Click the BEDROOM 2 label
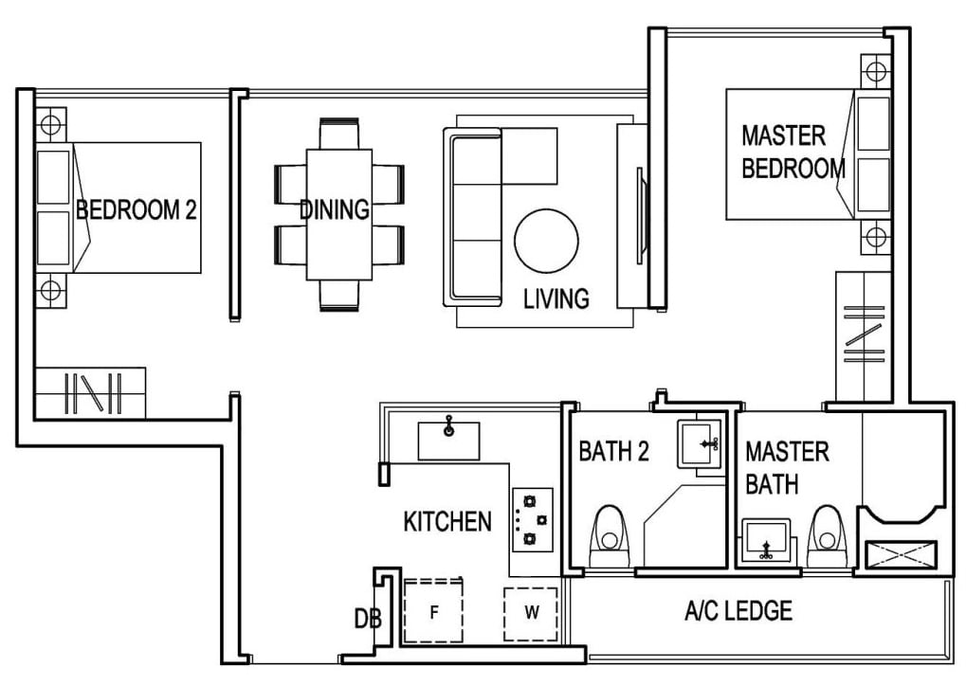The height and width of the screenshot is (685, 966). (137, 209)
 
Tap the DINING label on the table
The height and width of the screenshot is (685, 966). (335, 209)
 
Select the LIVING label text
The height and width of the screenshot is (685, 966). (556, 298)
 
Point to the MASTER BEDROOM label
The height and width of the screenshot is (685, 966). (793, 152)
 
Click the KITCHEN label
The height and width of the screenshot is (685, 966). (447, 521)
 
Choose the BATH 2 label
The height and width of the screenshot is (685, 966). (613, 451)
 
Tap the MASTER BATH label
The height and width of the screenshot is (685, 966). (787, 468)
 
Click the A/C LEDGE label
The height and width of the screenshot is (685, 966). (738, 611)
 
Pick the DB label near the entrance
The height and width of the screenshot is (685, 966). (367, 620)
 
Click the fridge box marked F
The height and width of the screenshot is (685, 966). (433, 612)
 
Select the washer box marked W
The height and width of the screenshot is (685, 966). (531, 613)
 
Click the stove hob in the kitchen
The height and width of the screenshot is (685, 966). (526, 519)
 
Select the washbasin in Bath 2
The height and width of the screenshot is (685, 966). (701, 443)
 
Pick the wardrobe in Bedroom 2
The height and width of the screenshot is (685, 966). (91, 392)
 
